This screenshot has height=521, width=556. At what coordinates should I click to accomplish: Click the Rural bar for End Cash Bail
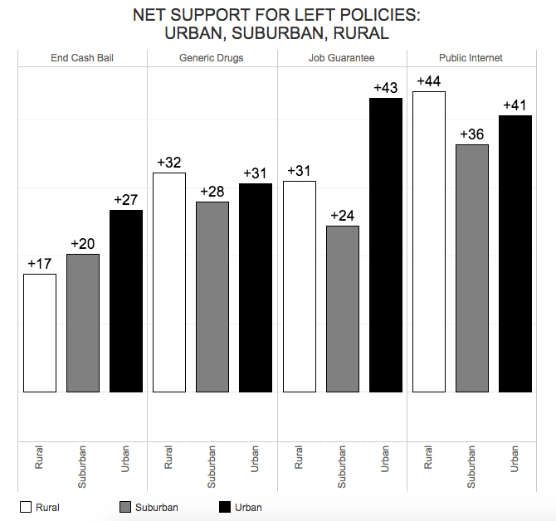coord(40,332)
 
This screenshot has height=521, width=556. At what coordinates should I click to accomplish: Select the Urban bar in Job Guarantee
coord(386,245)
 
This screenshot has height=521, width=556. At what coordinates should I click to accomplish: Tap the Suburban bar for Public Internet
coord(472,267)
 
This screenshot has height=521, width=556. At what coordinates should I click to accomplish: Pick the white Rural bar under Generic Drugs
coord(169,282)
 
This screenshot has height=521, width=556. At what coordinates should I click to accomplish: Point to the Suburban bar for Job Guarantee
coord(343,308)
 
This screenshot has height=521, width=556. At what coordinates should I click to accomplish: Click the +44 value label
coord(428,81)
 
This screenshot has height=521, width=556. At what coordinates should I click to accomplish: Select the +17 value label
coord(40,264)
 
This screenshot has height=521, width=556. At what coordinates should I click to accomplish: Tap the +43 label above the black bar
coord(386,88)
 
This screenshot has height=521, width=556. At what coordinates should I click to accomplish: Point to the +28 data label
coord(212,192)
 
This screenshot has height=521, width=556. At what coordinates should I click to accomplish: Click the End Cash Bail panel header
coord(83,58)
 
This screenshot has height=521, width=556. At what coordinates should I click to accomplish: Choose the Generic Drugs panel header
coord(212,58)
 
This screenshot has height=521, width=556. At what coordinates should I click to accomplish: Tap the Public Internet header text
coord(471,58)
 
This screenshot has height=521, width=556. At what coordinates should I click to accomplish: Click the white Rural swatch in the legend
coord(26,506)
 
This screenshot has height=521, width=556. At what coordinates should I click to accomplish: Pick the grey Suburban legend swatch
coord(125,506)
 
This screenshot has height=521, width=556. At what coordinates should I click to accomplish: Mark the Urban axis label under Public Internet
coord(515,459)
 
